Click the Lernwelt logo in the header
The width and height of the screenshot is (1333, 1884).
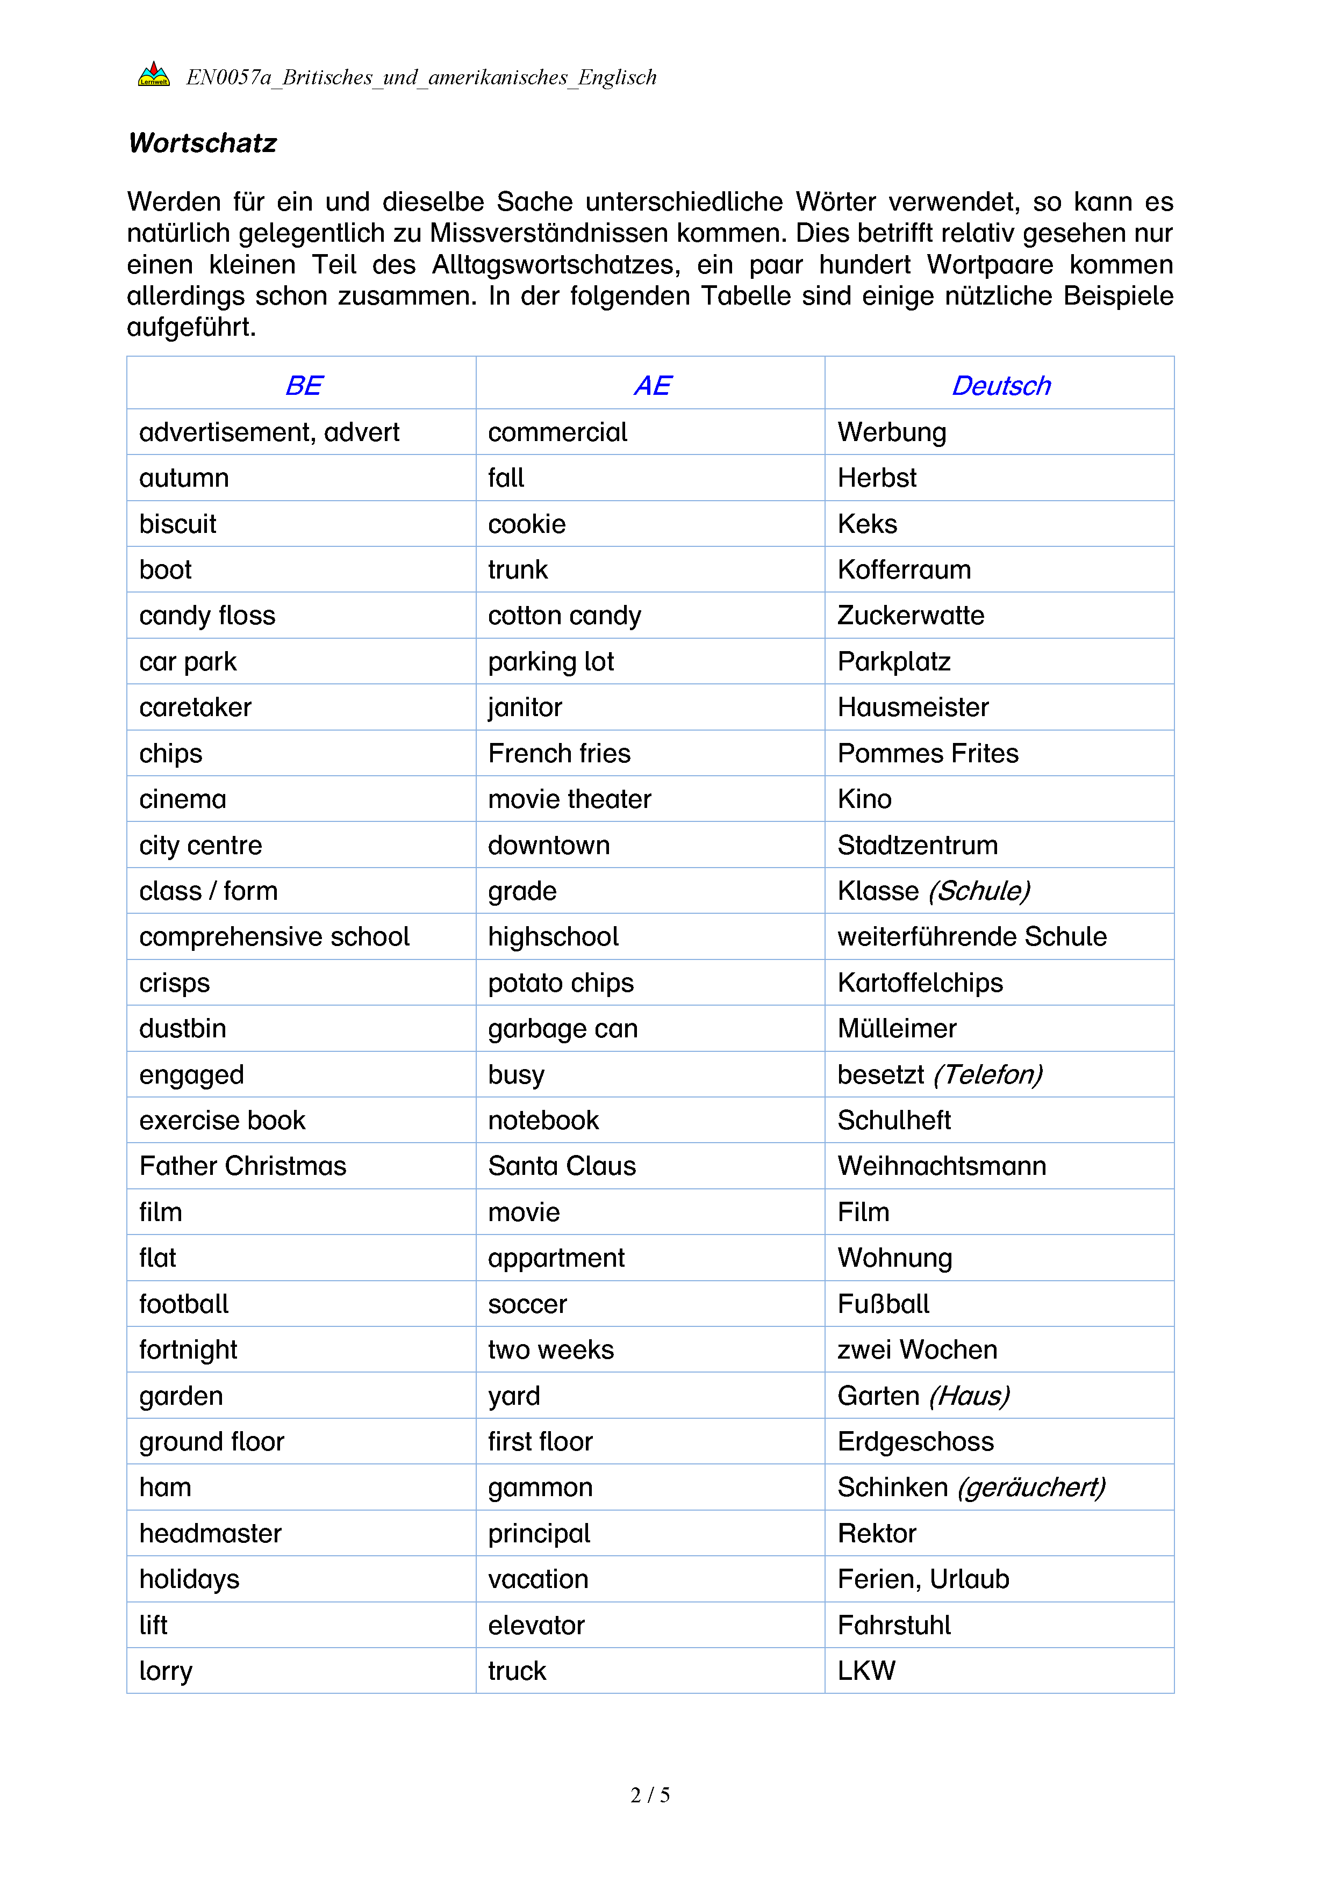click(154, 75)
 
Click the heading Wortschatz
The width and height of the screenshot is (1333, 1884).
click(203, 143)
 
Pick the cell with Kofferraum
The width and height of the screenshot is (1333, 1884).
click(904, 569)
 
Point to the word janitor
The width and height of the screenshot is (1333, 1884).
click(525, 708)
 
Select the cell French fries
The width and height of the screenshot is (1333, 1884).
click(559, 753)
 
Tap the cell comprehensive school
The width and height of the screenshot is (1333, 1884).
click(274, 936)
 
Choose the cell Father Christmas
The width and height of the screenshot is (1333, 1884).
click(243, 1166)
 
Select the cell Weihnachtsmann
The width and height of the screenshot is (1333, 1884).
click(942, 1166)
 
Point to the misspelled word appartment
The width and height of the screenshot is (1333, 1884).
click(556, 1258)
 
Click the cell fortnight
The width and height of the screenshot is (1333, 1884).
click(188, 1350)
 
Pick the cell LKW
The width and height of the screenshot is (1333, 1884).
click(866, 1671)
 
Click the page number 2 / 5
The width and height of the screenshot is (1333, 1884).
click(650, 1795)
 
